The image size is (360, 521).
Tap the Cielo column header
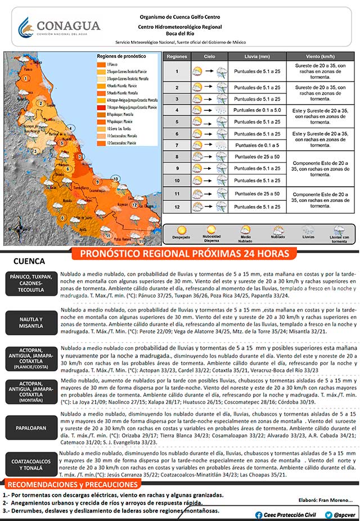tap(209, 57)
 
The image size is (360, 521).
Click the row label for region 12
tap(177, 206)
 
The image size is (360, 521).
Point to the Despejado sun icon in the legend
tap(181, 230)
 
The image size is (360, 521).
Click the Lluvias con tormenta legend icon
tap(339, 230)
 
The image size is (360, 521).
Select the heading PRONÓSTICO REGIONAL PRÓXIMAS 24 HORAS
tap(185, 254)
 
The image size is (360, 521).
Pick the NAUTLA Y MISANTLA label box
tap(31, 323)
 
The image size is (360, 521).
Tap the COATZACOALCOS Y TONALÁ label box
tap(31, 464)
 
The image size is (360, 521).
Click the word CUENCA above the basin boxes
tap(29, 262)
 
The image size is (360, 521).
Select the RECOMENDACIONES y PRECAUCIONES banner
tap(73, 485)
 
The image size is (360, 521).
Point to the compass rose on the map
tap(19, 230)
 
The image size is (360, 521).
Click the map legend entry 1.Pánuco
tap(106, 65)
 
